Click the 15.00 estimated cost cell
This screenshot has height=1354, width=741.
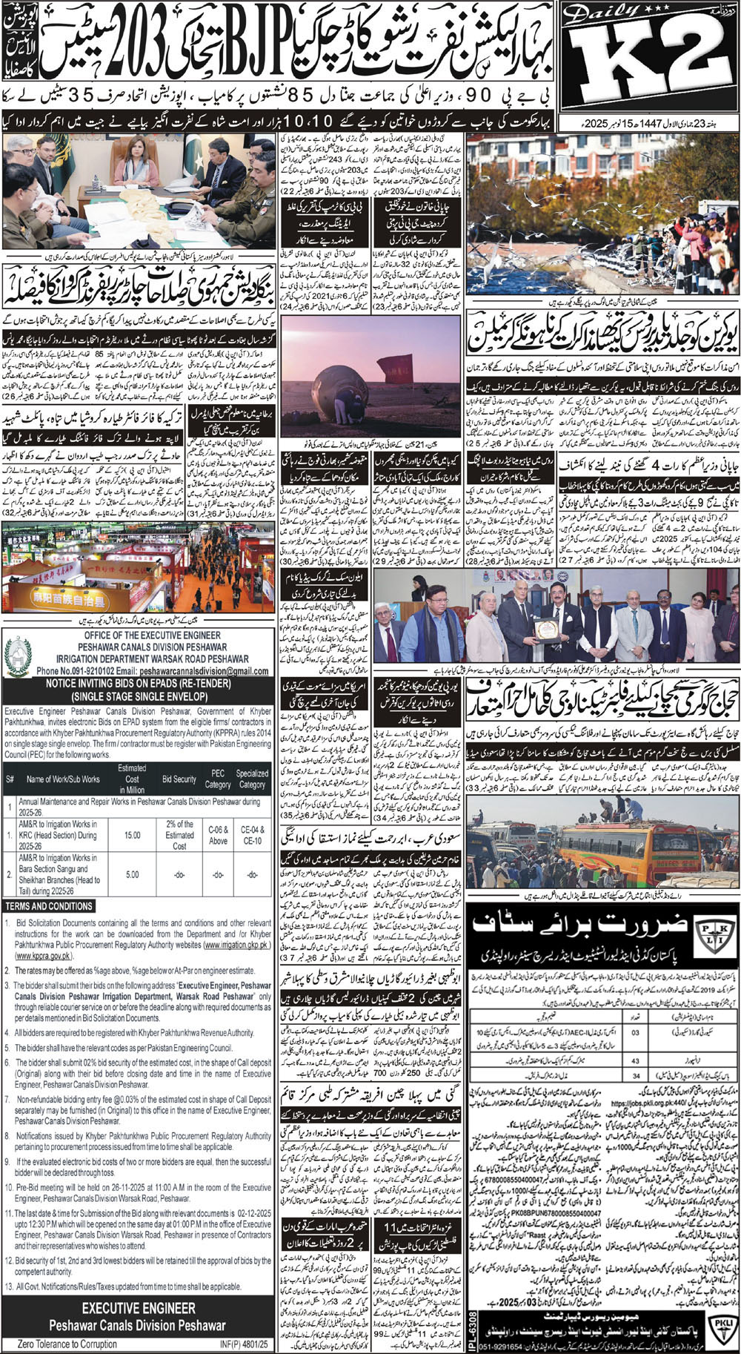tap(132, 835)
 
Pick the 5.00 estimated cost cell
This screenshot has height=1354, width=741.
tap(132, 875)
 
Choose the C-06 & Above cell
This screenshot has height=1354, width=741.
tap(218, 835)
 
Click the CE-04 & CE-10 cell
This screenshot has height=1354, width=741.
tap(252, 835)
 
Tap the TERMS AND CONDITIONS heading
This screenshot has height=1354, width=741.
tap(48, 907)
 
